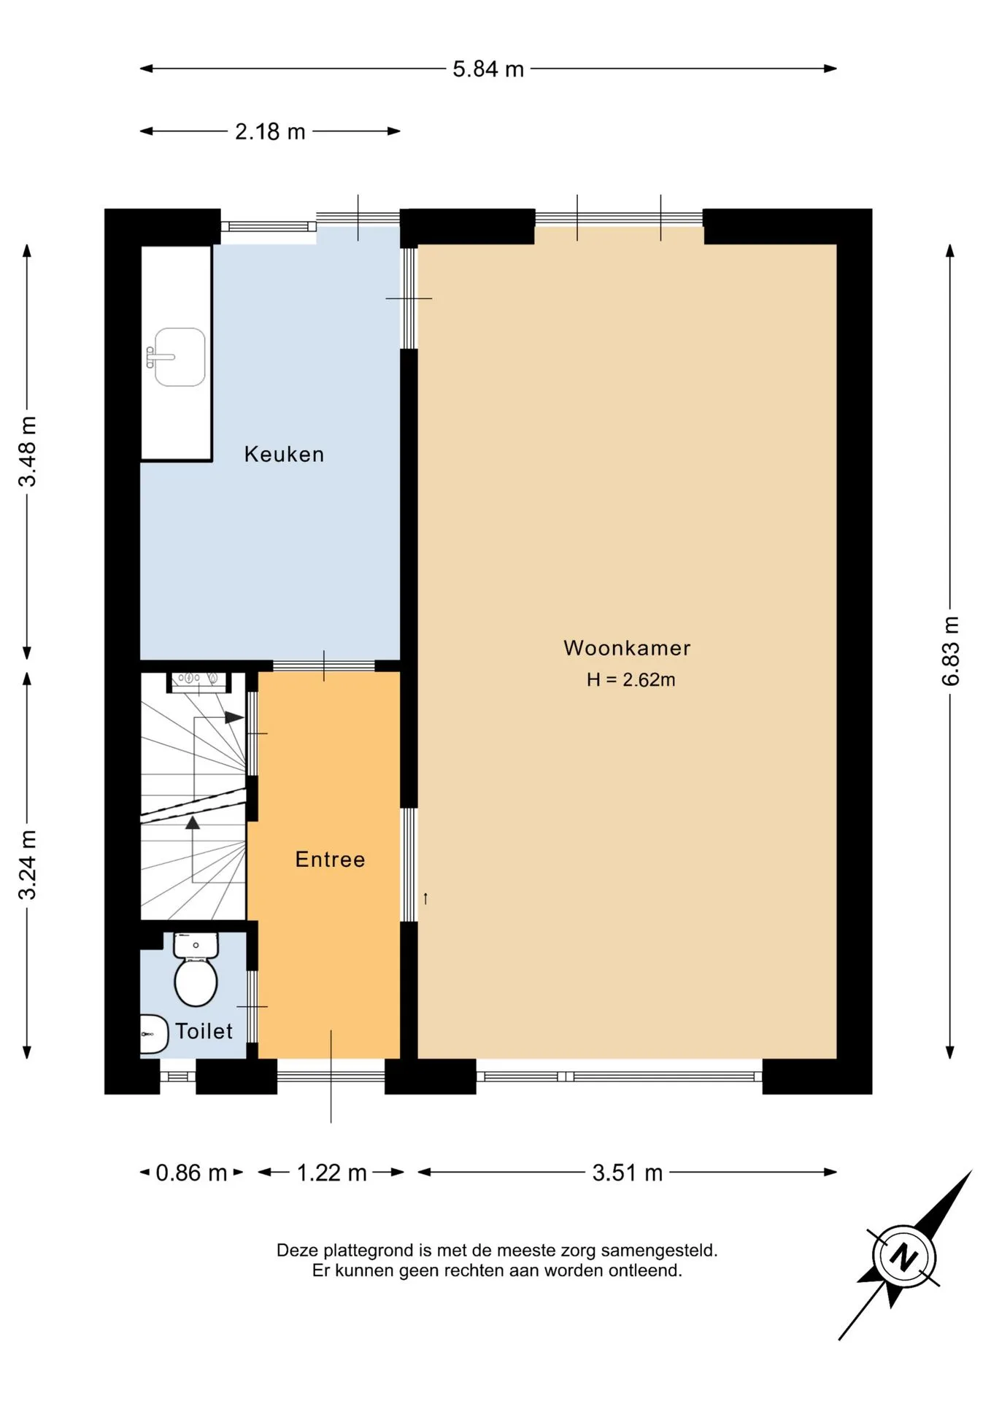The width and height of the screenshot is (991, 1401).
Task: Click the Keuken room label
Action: pyautogui.click(x=284, y=454)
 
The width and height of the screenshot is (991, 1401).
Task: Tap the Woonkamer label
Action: pyautogui.click(x=627, y=648)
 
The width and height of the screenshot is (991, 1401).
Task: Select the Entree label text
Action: pyautogui.click(x=330, y=859)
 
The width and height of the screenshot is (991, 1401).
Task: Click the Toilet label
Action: pyautogui.click(x=204, y=1031)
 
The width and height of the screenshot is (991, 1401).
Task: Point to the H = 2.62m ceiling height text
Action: pyautogui.click(x=631, y=680)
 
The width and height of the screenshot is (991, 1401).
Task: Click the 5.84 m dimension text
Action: pyautogui.click(x=488, y=69)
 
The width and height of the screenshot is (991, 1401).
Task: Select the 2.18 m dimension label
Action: pyautogui.click(x=270, y=131)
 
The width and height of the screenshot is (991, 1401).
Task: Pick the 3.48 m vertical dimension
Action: pyautogui.click(x=28, y=451)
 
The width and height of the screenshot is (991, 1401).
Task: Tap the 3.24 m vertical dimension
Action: pyautogui.click(x=28, y=865)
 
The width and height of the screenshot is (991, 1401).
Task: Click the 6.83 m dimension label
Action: pyautogui.click(x=950, y=651)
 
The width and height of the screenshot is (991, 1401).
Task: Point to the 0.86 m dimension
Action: pyautogui.click(x=191, y=1173)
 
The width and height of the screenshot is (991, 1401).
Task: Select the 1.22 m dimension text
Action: pyautogui.click(x=331, y=1173)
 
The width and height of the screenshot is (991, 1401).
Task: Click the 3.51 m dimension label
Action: pyautogui.click(x=628, y=1173)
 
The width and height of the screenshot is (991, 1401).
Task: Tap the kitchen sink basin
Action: pyautogui.click(x=180, y=357)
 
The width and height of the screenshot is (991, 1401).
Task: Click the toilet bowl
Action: pyautogui.click(x=196, y=982)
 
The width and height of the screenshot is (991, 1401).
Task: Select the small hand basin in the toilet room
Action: pyautogui.click(x=153, y=1034)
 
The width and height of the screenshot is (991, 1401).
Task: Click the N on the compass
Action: pyautogui.click(x=905, y=1257)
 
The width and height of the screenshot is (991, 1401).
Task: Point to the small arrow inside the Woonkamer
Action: pyautogui.click(x=425, y=898)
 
